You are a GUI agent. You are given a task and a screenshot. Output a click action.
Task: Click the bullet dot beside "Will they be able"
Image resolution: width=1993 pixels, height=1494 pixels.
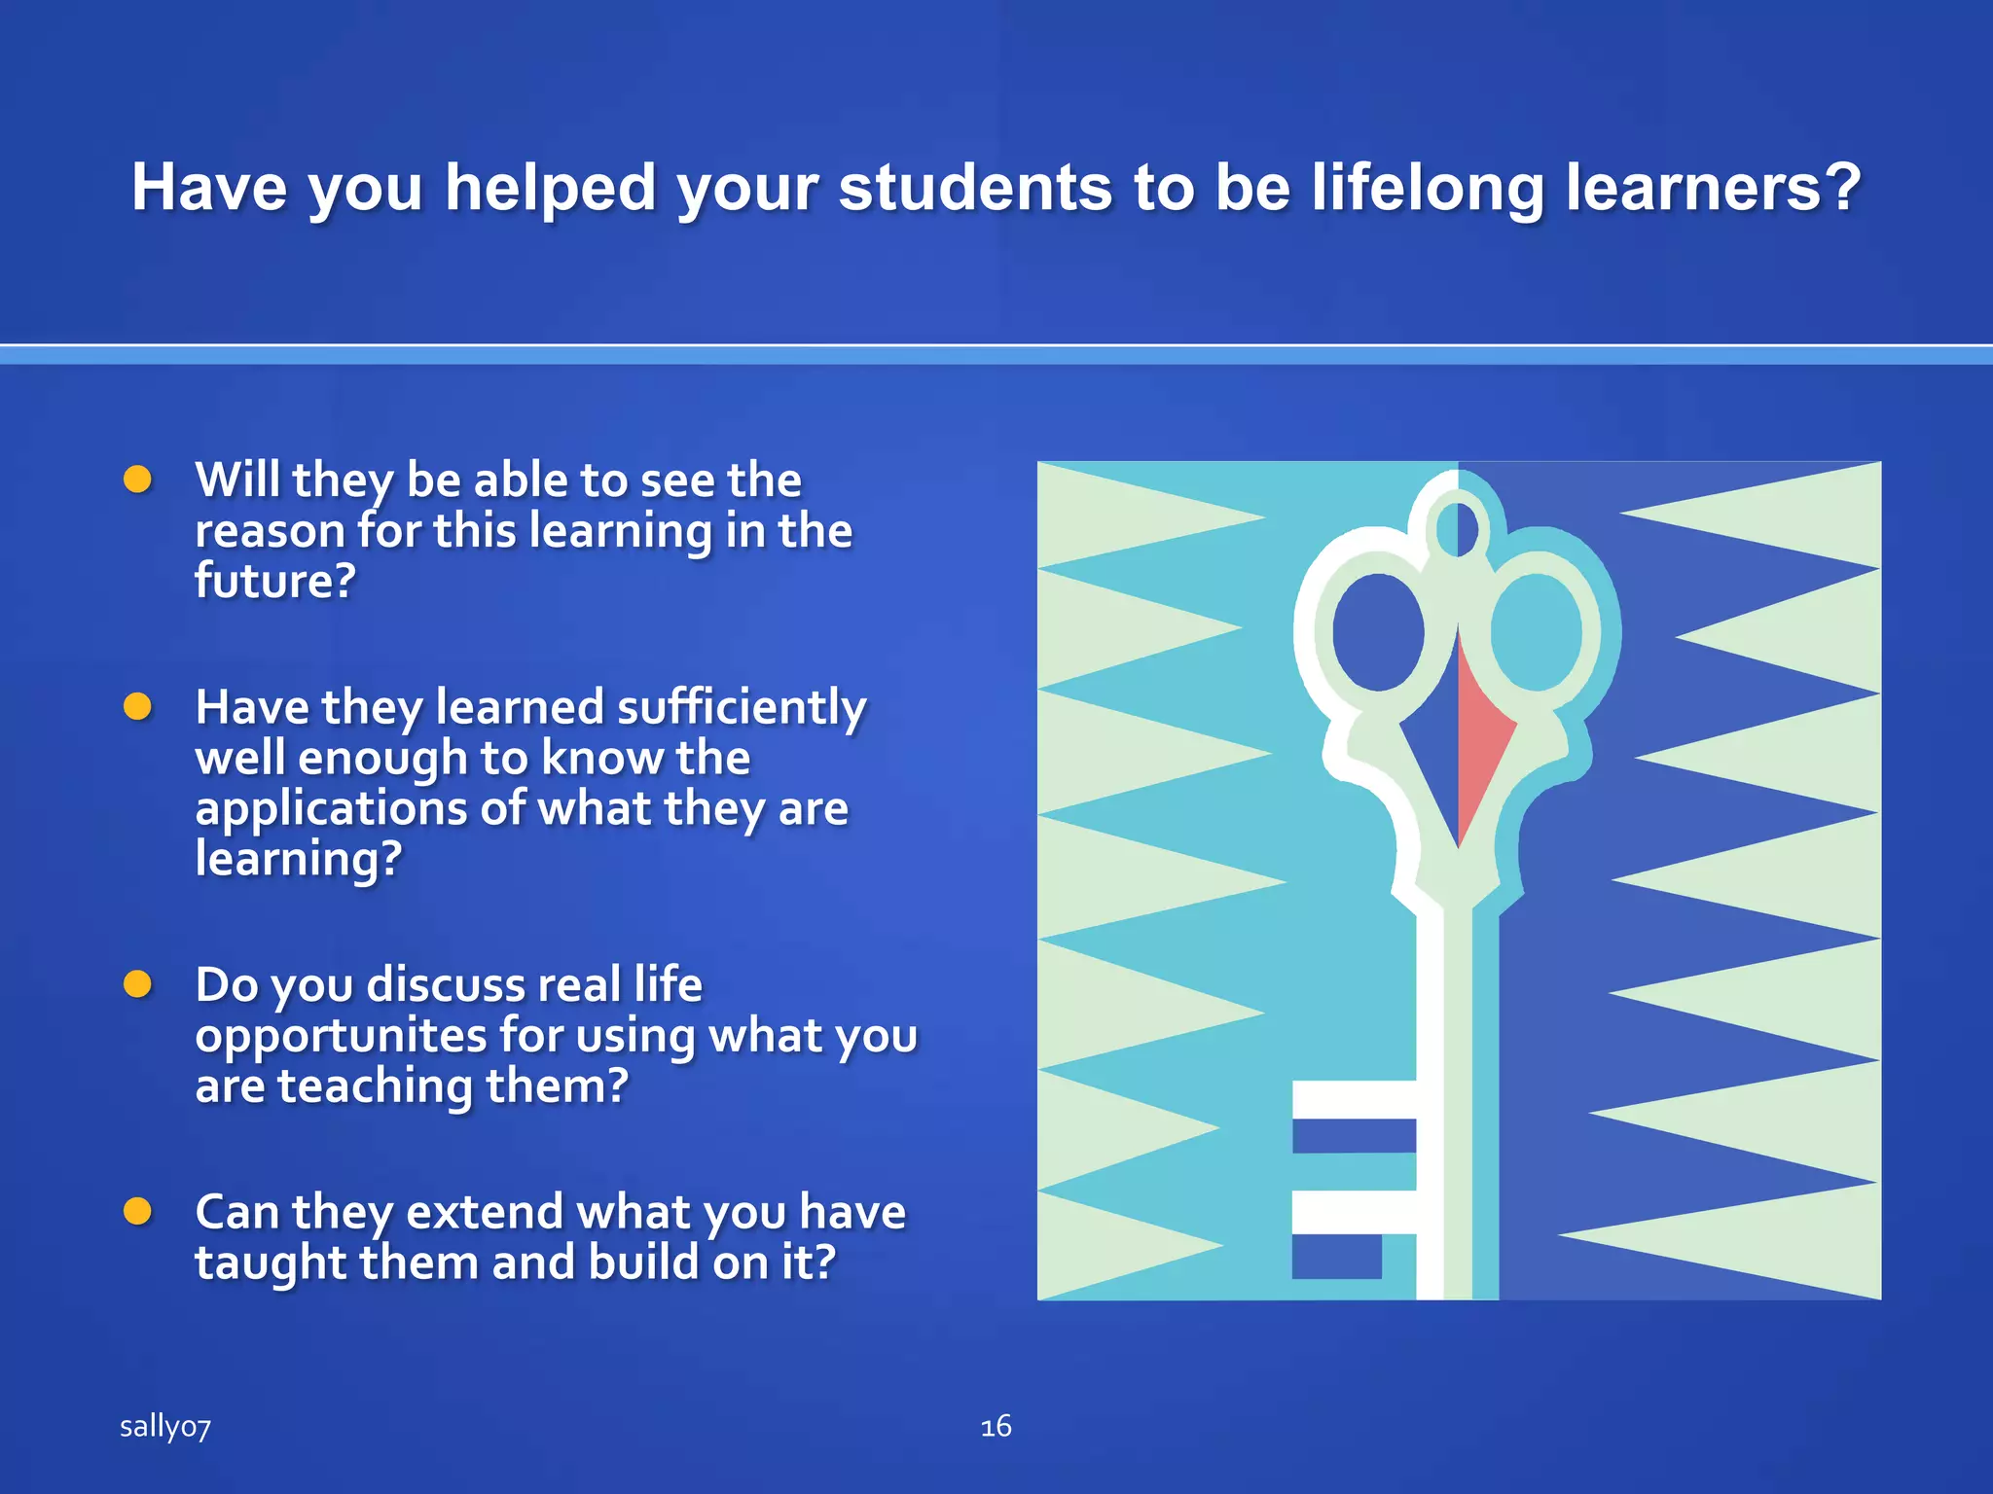(138, 480)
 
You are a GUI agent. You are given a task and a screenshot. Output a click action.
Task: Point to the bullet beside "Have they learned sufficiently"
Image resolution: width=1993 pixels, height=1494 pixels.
(138, 707)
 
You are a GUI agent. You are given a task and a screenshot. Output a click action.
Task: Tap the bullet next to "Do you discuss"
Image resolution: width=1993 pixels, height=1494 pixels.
(138, 984)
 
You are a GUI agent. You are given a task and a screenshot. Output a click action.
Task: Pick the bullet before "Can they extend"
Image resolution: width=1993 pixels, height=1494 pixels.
(138, 1212)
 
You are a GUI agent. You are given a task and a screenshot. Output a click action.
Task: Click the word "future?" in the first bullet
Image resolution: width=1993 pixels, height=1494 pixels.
(275, 582)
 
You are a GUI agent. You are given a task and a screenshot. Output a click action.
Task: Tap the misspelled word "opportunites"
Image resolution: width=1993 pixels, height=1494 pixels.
(341, 1037)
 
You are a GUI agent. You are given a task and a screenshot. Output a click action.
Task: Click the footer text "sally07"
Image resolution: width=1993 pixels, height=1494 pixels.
(164, 1427)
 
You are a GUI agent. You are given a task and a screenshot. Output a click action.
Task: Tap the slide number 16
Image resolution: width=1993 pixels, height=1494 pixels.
(996, 1427)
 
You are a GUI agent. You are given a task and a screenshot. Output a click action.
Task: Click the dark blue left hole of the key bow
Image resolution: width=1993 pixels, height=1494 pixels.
(1377, 632)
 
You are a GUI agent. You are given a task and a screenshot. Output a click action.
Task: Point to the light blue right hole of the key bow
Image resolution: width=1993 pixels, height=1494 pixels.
(1536, 632)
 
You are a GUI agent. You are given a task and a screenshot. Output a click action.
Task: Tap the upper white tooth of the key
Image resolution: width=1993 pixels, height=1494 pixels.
(1353, 1099)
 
